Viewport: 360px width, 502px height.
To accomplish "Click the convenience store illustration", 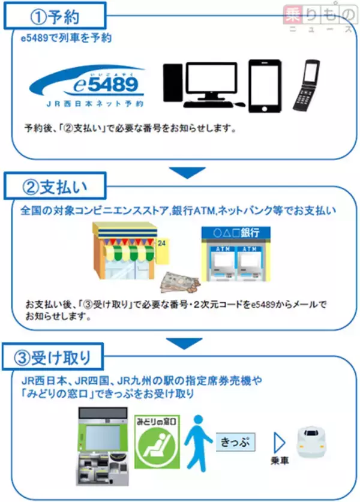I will point(127,251).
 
